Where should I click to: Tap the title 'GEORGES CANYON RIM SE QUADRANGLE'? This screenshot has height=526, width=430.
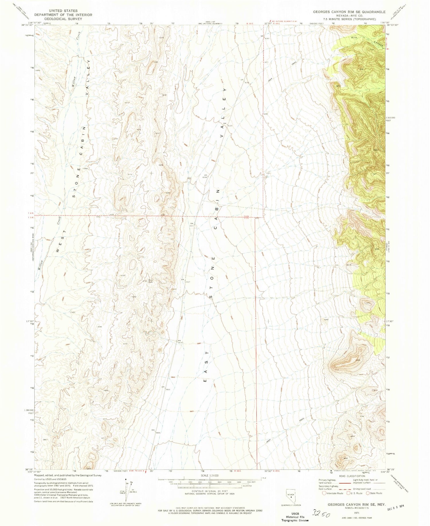click(349, 12)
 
